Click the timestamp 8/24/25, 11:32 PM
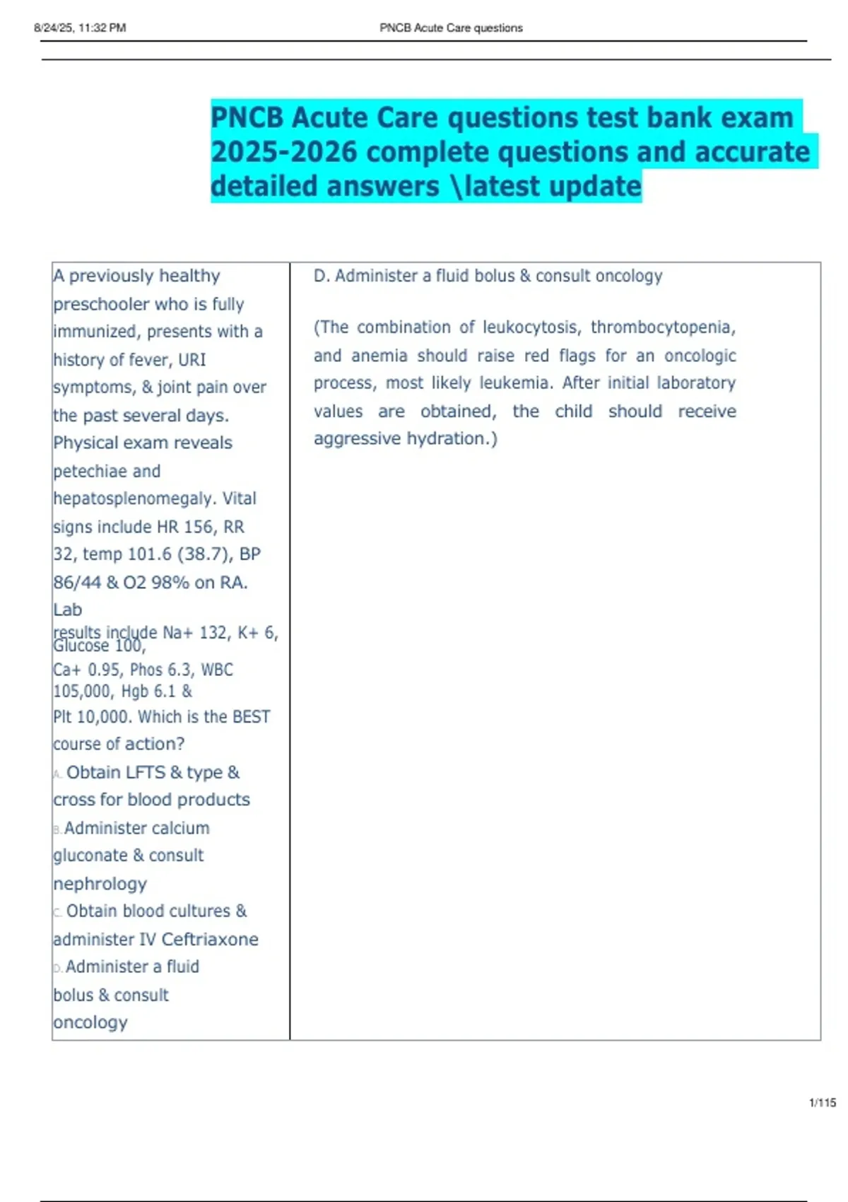pos(80,28)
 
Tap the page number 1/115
pos(823,1102)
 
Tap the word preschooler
pos(101,304)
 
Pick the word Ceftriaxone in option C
pos(210,939)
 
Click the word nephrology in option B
pos(100,884)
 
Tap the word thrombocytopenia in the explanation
pos(663,327)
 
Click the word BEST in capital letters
pos(252,717)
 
